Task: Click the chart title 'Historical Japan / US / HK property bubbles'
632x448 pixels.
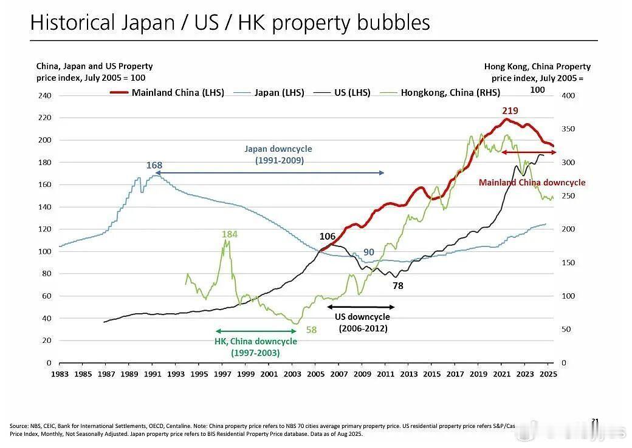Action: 230,22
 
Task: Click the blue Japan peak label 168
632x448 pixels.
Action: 154,165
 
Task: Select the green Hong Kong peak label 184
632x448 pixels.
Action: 229,234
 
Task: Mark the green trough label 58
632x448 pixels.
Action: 311,330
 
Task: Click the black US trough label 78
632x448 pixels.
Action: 397,285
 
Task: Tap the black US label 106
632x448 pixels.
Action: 327,236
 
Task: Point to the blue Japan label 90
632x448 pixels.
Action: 369,253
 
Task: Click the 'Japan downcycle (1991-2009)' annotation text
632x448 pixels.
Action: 278,155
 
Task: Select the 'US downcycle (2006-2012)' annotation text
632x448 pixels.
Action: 363,322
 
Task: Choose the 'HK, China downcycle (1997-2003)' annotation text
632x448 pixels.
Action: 256,347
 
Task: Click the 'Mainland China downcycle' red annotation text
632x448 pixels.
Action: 532,182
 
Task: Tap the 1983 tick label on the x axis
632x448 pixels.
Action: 60,374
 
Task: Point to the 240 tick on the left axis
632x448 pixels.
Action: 46,96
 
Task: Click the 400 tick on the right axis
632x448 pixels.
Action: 568,96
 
